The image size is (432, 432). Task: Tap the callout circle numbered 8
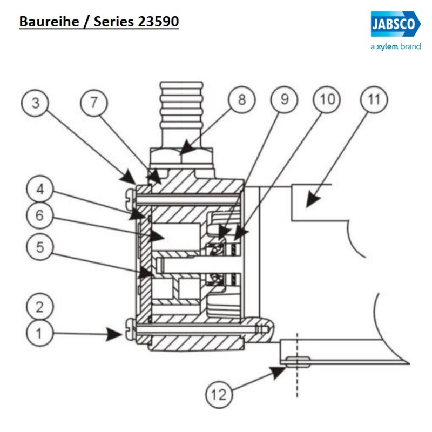click(x=241, y=100)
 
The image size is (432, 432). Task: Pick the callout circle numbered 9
click(x=285, y=100)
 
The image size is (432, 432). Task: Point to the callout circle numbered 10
click(x=328, y=100)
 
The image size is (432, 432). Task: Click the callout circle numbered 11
click(x=374, y=100)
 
